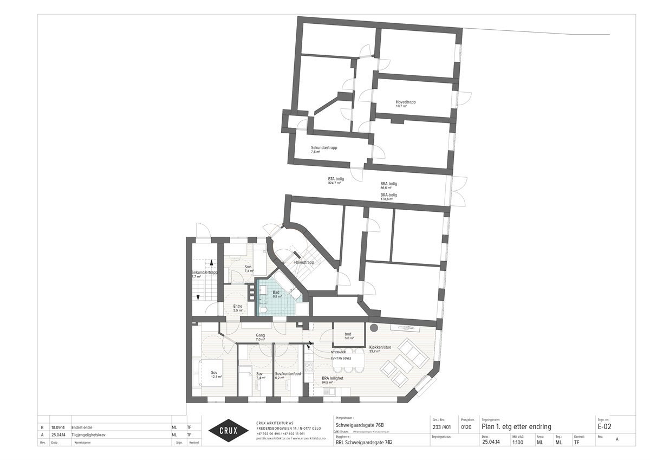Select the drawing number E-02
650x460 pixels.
click(x=605, y=426)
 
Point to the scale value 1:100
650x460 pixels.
click(x=517, y=442)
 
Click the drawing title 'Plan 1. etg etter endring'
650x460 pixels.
click(x=516, y=426)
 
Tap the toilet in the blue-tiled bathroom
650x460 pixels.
click(x=263, y=308)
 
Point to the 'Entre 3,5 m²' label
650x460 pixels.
click(x=237, y=308)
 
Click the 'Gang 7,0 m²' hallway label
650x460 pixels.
click(x=260, y=338)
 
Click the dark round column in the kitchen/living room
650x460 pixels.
click(x=373, y=328)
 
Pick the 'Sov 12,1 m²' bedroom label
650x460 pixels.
click(x=215, y=374)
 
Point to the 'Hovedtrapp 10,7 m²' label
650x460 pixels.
click(x=405, y=103)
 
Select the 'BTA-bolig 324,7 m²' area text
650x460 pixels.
click(x=335, y=180)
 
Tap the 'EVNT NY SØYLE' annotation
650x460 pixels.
click(x=341, y=358)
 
